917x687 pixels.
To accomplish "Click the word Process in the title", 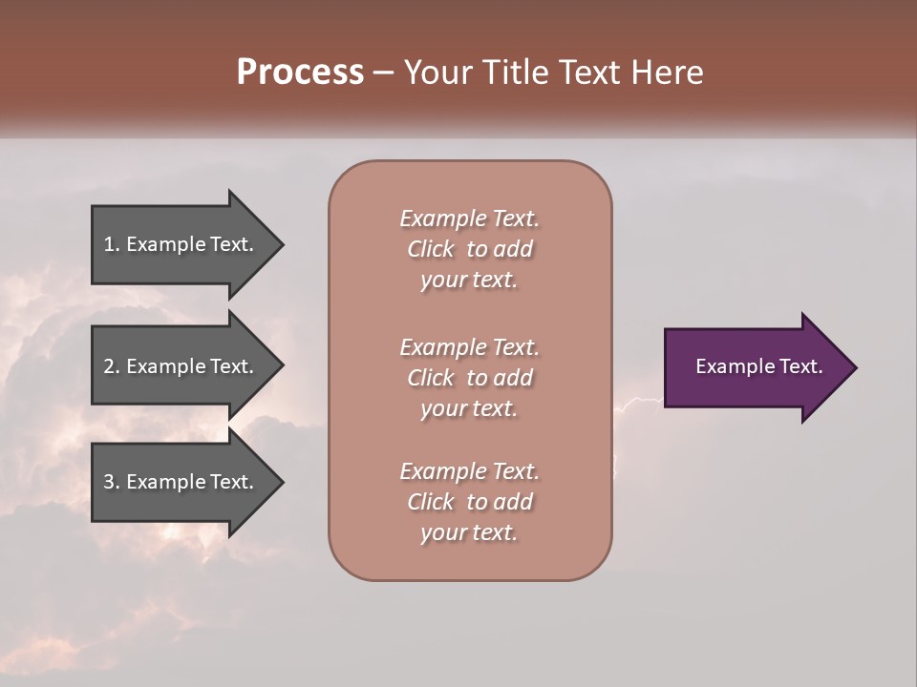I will (x=300, y=73).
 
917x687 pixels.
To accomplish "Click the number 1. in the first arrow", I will (x=112, y=244).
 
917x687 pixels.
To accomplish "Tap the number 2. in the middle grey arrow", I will (x=112, y=366).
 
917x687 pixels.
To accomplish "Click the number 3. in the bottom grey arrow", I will (x=112, y=482).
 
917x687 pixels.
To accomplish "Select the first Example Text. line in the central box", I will (x=469, y=219).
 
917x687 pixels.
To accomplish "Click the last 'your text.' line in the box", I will (x=469, y=532).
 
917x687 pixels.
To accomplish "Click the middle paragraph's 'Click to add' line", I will (x=469, y=378).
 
